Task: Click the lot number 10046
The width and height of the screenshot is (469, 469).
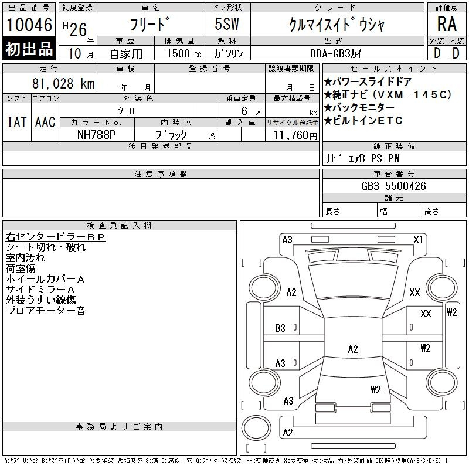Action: point(29,25)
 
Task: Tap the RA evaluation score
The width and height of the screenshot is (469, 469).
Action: point(447,24)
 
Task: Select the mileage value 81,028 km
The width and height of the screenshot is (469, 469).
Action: point(63,83)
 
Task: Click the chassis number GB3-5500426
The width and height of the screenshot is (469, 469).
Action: point(393,186)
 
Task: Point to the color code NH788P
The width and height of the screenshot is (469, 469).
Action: point(96,135)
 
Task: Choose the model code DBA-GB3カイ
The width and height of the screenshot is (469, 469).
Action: point(336,53)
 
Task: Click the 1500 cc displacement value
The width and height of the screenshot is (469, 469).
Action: point(184,53)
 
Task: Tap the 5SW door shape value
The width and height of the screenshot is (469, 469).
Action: point(227,24)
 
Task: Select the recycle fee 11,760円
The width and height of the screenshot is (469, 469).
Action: point(295,135)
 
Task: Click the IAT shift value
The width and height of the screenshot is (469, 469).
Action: point(17,122)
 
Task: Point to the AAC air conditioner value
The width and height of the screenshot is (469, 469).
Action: point(45,122)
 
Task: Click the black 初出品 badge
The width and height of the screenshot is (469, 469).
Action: point(29,49)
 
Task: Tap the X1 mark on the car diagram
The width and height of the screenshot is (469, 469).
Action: point(418,240)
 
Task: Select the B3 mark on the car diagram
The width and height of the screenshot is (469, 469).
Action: point(280,328)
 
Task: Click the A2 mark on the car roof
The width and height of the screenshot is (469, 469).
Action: point(353,349)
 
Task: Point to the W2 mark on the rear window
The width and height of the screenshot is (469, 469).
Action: point(376,389)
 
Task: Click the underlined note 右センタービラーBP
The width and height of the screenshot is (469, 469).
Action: point(56,237)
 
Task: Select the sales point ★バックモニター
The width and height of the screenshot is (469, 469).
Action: point(359,107)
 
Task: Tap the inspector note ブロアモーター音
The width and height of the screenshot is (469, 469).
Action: point(46,311)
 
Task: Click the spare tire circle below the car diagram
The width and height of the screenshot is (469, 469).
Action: point(256,428)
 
